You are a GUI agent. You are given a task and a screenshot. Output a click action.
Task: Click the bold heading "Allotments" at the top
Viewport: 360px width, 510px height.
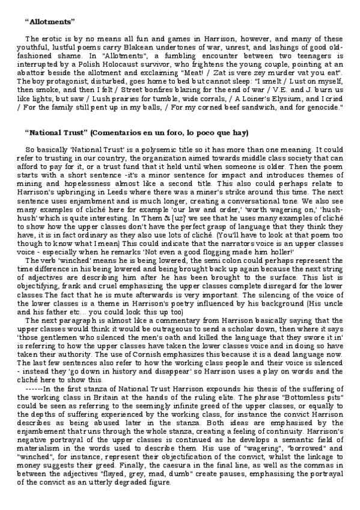click(50, 22)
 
